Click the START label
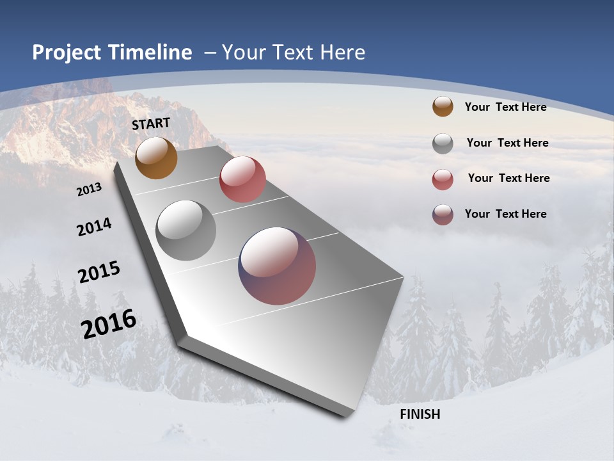pos(151,124)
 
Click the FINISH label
pos(420,414)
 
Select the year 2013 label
pos(89,190)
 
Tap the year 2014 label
pos(94,227)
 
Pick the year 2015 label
pos(98,272)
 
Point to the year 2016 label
pos(109,323)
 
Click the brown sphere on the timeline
pos(156,158)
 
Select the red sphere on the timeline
pos(242,179)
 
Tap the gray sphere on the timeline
pos(186,230)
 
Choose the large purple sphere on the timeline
pos(277,266)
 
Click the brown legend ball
pos(443,106)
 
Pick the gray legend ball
pos(443,143)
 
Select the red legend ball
pos(443,179)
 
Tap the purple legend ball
pos(443,214)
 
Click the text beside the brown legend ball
pos(505,107)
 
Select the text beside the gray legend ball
pos(507,143)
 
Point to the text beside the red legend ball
pos(508,178)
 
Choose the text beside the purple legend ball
pos(505,214)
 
